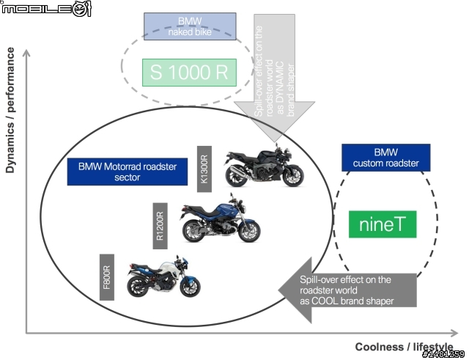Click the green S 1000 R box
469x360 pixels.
click(189, 73)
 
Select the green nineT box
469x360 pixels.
click(383, 224)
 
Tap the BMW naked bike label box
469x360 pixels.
click(190, 26)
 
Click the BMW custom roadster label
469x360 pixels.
click(386, 158)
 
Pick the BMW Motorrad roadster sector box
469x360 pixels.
click(128, 172)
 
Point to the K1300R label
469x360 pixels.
click(204, 169)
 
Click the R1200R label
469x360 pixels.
click(160, 226)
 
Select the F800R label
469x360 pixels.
click(107, 277)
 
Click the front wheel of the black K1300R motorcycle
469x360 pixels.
click(293, 176)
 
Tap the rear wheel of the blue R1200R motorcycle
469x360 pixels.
click(193, 231)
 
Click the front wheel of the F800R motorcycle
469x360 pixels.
click(191, 287)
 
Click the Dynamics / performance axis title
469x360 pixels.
click(10, 110)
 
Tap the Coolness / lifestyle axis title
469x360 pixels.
click(404, 347)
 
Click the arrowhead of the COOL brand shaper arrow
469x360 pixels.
click(295, 290)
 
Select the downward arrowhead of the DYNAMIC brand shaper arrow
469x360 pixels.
click(275, 121)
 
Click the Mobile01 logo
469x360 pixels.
click(45, 9)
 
